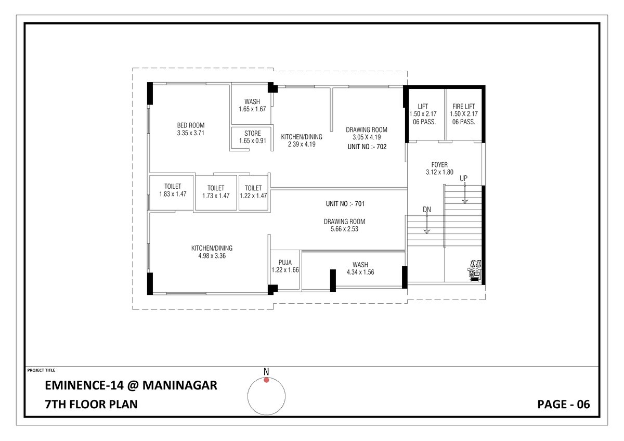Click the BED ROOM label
(190, 125)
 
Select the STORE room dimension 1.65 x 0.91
(252, 141)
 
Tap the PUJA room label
(284, 263)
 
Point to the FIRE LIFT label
(463, 106)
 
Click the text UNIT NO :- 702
(367, 147)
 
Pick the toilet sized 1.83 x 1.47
(172, 190)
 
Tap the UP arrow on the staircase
(464, 192)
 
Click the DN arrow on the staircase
(427, 224)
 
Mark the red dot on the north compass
(266, 380)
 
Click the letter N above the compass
(266, 371)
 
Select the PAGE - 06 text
(563, 404)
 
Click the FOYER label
(440, 165)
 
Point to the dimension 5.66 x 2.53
(344, 228)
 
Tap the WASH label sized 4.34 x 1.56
(360, 265)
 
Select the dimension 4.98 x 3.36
(212, 255)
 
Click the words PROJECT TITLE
(41, 370)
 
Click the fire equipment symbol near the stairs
(475, 270)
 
